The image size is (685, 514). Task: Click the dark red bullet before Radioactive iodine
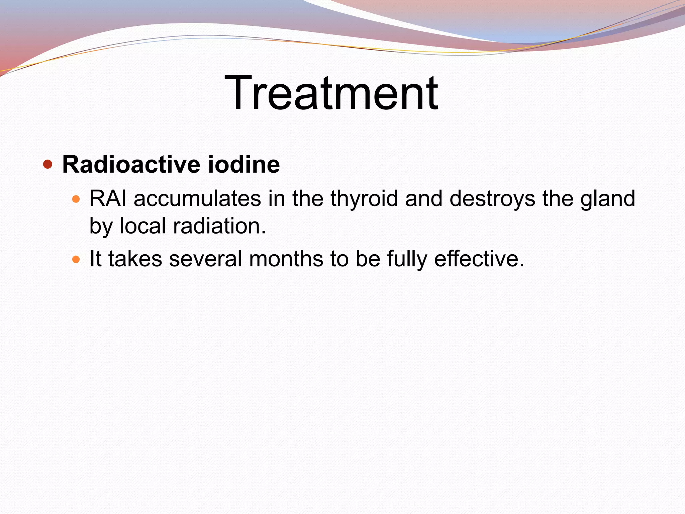click(x=48, y=164)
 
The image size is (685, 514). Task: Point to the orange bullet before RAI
click(x=76, y=199)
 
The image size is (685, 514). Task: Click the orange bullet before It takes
click(x=76, y=259)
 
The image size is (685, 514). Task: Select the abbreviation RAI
click(x=108, y=198)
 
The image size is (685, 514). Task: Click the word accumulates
click(x=197, y=198)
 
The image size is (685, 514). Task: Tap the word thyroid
click(x=364, y=199)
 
